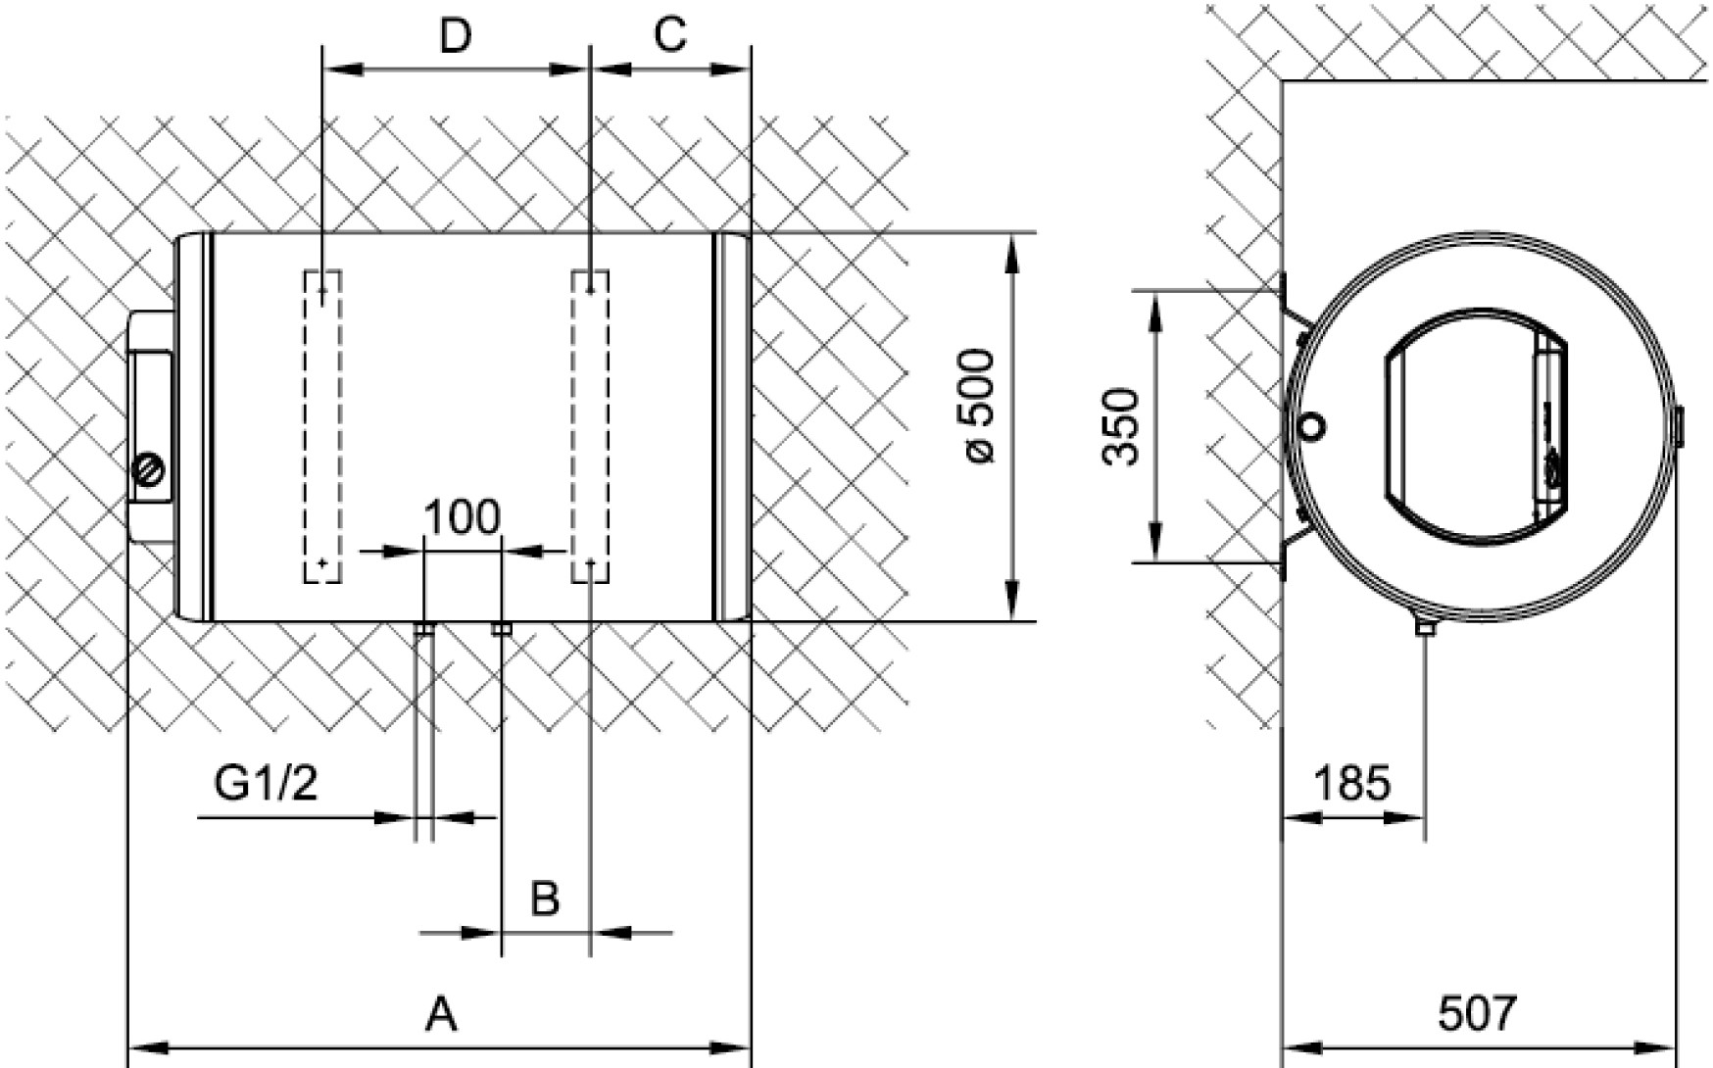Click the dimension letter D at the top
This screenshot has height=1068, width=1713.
pyautogui.click(x=456, y=36)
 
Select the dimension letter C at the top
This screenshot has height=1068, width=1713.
pyautogui.click(x=669, y=36)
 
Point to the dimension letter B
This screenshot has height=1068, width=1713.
pyautogui.click(x=545, y=898)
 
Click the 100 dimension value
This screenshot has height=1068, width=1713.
pyautogui.click(x=462, y=517)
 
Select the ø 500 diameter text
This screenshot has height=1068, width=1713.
pyautogui.click(x=978, y=406)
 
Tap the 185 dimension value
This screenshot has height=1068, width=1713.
pyautogui.click(x=1351, y=784)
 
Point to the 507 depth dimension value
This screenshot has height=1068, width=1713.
pyautogui.click(x=1477, y=1013)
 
